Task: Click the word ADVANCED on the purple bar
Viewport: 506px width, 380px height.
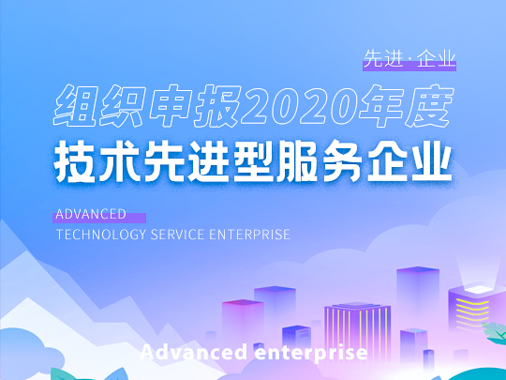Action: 91,214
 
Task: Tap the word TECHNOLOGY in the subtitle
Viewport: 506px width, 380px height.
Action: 101,235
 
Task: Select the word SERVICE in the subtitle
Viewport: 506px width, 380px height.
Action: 177,235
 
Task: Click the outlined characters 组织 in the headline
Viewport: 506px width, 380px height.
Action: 99,106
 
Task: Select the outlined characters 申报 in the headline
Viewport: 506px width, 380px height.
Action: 195,106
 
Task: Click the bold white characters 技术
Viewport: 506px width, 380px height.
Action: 97,161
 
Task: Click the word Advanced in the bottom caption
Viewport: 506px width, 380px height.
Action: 194,352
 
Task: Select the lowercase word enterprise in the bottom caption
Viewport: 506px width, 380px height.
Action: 311,353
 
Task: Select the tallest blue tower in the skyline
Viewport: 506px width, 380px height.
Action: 418,299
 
